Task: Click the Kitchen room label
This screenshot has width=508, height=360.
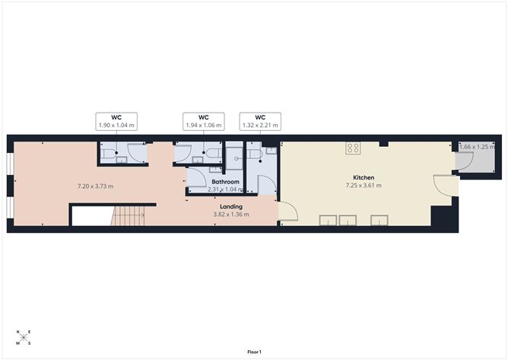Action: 363,177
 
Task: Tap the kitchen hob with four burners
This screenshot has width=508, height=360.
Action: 353,148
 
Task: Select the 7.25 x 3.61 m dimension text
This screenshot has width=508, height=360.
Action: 363,186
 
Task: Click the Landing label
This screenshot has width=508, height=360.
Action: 231,206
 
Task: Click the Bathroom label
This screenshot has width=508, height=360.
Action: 226,183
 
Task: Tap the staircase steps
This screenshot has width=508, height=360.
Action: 129,216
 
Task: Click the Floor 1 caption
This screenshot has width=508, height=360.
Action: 254,352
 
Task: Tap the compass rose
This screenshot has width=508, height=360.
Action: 23,337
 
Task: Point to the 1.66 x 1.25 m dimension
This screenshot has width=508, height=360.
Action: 476,146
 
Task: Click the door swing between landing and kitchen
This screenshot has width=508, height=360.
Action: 287,212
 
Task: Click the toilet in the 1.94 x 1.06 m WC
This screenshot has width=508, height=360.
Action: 214,155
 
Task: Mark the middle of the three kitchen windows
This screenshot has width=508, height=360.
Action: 348,221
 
